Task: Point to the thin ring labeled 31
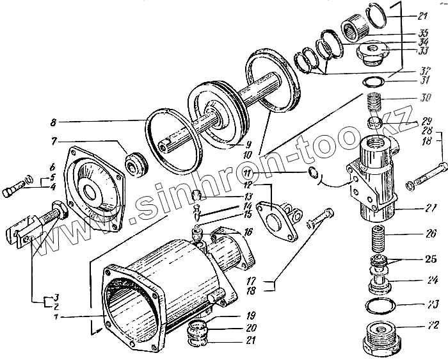(372, 81)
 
